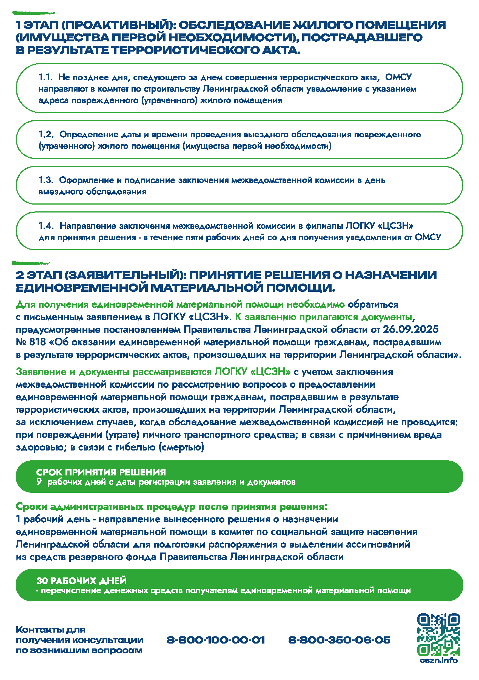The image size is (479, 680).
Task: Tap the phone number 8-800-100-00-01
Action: (216, 640)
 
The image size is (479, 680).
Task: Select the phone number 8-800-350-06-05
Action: (339, 640)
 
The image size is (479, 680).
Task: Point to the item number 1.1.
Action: (45, 77)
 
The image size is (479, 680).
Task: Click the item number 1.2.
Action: (46, 134)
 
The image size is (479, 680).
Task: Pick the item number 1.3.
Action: (45, 180)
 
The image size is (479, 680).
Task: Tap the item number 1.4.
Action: (46, 226)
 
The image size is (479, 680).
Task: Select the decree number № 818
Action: (31, 342)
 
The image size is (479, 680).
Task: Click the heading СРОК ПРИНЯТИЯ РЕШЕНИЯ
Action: (101, 472)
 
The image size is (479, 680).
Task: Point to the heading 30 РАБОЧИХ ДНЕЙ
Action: (81, 580)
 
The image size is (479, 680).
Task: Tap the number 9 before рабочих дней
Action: (39, 481)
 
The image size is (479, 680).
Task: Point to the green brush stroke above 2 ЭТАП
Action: (31, 263)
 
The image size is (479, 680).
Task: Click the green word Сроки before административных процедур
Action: (32, 507)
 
